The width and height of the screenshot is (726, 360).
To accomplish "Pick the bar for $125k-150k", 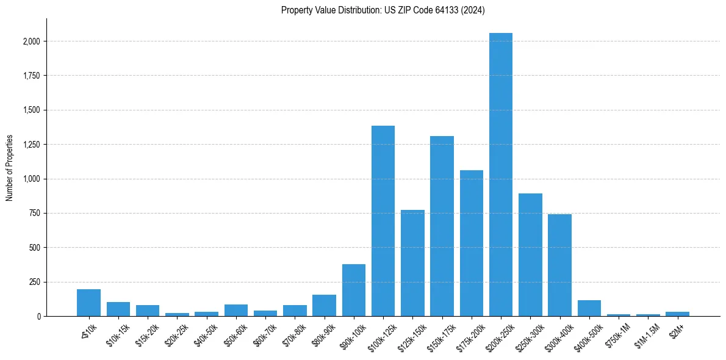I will [x=412, y=263].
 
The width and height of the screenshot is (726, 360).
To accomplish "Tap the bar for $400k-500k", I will [x=589, y=308].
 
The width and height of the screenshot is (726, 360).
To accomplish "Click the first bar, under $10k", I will [x=88, y=303].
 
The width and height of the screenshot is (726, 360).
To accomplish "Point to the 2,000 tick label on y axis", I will [x=31, y=41].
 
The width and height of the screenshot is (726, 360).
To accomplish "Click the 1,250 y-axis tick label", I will [x=31, y=145].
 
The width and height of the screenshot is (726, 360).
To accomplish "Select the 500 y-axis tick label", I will [x=35, y=248].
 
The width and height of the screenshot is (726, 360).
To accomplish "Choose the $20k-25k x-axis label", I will [x=176, y=333].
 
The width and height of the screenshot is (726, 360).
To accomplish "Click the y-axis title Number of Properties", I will [x=10, y=167].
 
